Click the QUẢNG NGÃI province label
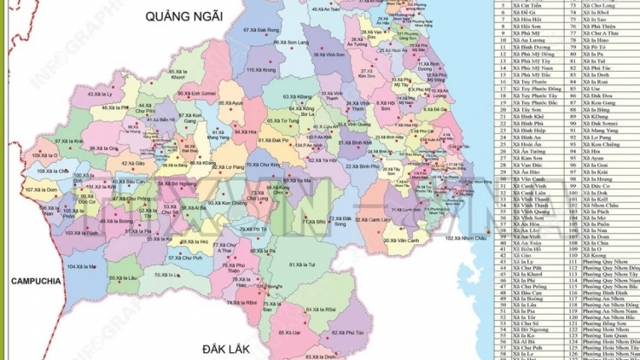point(185,16)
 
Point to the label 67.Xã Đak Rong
point(261,30)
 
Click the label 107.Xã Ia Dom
point(40,189)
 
